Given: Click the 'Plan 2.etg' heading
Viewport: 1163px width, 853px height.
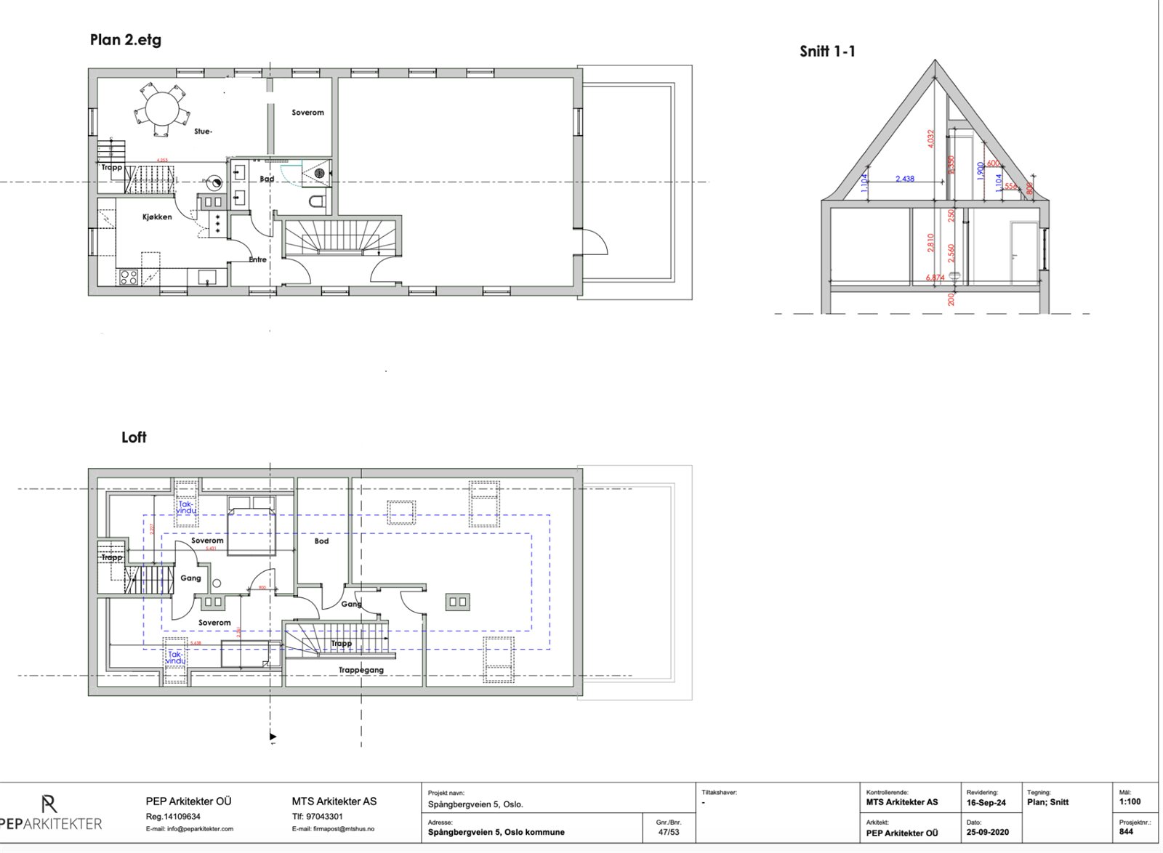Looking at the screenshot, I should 125,40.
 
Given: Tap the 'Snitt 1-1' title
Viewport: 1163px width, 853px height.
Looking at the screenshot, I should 827,51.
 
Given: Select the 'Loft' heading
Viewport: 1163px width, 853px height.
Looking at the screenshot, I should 134,437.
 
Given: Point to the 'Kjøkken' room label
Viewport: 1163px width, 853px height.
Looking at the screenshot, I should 157,217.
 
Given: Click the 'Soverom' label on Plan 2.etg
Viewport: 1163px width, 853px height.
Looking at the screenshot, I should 307,113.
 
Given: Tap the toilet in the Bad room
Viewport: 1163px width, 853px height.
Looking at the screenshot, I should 317,201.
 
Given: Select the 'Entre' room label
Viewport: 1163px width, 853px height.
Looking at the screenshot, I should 257,259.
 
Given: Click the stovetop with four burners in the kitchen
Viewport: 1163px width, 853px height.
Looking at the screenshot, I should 129,277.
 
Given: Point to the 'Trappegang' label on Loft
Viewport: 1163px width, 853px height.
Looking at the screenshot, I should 361,670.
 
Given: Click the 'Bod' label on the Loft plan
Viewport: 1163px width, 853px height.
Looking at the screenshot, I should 321,541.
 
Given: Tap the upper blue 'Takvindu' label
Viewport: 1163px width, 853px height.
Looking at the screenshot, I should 187,507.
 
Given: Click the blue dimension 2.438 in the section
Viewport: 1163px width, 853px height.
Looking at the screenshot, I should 905,179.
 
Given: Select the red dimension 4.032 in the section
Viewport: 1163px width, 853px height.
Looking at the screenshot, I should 930,139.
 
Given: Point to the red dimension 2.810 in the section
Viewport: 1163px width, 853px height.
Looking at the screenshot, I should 930,243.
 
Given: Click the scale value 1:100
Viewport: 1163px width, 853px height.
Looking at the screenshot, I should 1130,802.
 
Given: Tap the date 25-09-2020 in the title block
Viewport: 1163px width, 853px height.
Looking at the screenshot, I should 987,833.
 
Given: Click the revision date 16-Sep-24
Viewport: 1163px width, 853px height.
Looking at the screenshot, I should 986,803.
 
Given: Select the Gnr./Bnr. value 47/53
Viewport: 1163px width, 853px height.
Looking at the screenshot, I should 668,833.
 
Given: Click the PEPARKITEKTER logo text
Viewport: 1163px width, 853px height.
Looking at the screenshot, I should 51,824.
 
